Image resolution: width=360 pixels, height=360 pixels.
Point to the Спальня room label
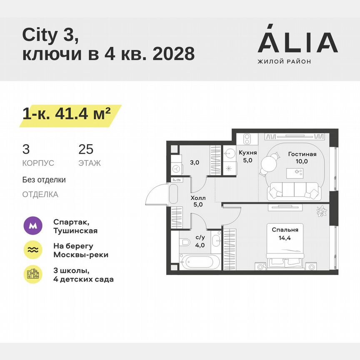[x=285, y=230]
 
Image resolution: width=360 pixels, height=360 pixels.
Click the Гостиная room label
[x=302, y=154]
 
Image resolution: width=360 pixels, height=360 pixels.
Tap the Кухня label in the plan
[x=247, y=153]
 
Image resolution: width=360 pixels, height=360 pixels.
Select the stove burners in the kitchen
[x=246, y=138]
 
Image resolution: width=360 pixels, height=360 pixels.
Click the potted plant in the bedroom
[x=321, y=211]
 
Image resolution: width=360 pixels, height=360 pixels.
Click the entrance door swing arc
[x=152, y=196]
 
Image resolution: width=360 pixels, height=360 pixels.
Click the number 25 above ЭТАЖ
[x=86, y=150]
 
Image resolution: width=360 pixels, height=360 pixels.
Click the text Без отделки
[x=44, y=180]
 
